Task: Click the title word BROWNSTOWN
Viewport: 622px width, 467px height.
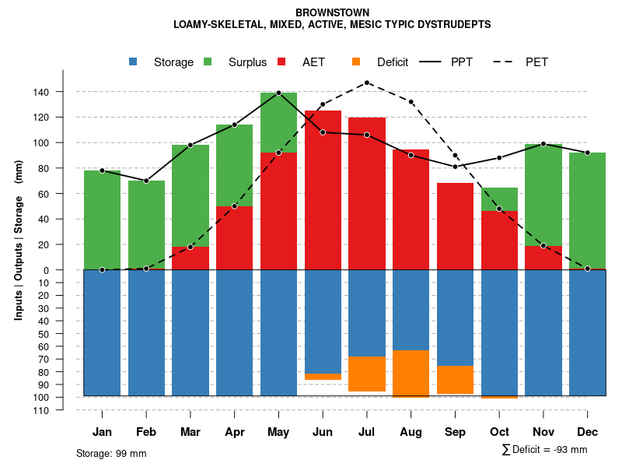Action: (333, 12)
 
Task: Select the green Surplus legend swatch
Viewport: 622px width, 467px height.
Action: (208, 62)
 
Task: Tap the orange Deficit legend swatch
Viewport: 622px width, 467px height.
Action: (357, 62)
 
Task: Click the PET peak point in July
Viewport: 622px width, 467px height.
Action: (367, 83)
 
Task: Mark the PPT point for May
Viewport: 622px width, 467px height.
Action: (278, 93)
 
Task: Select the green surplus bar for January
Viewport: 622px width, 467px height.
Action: (102, 219)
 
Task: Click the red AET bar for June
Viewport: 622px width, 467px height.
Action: (323, 190)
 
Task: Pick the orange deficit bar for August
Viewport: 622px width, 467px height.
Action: (411, 374)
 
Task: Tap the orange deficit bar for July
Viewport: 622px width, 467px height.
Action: (367, 374)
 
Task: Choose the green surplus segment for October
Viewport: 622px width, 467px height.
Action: (499, 199)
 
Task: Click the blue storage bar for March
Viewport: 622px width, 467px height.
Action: (190, 332)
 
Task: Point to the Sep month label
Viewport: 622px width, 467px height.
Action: (455, 432)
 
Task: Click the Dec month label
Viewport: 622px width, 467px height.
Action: (588, 432)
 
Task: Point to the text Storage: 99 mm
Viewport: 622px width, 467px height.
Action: (111, 453)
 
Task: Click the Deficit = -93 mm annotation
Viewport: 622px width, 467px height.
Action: (545, 449)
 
